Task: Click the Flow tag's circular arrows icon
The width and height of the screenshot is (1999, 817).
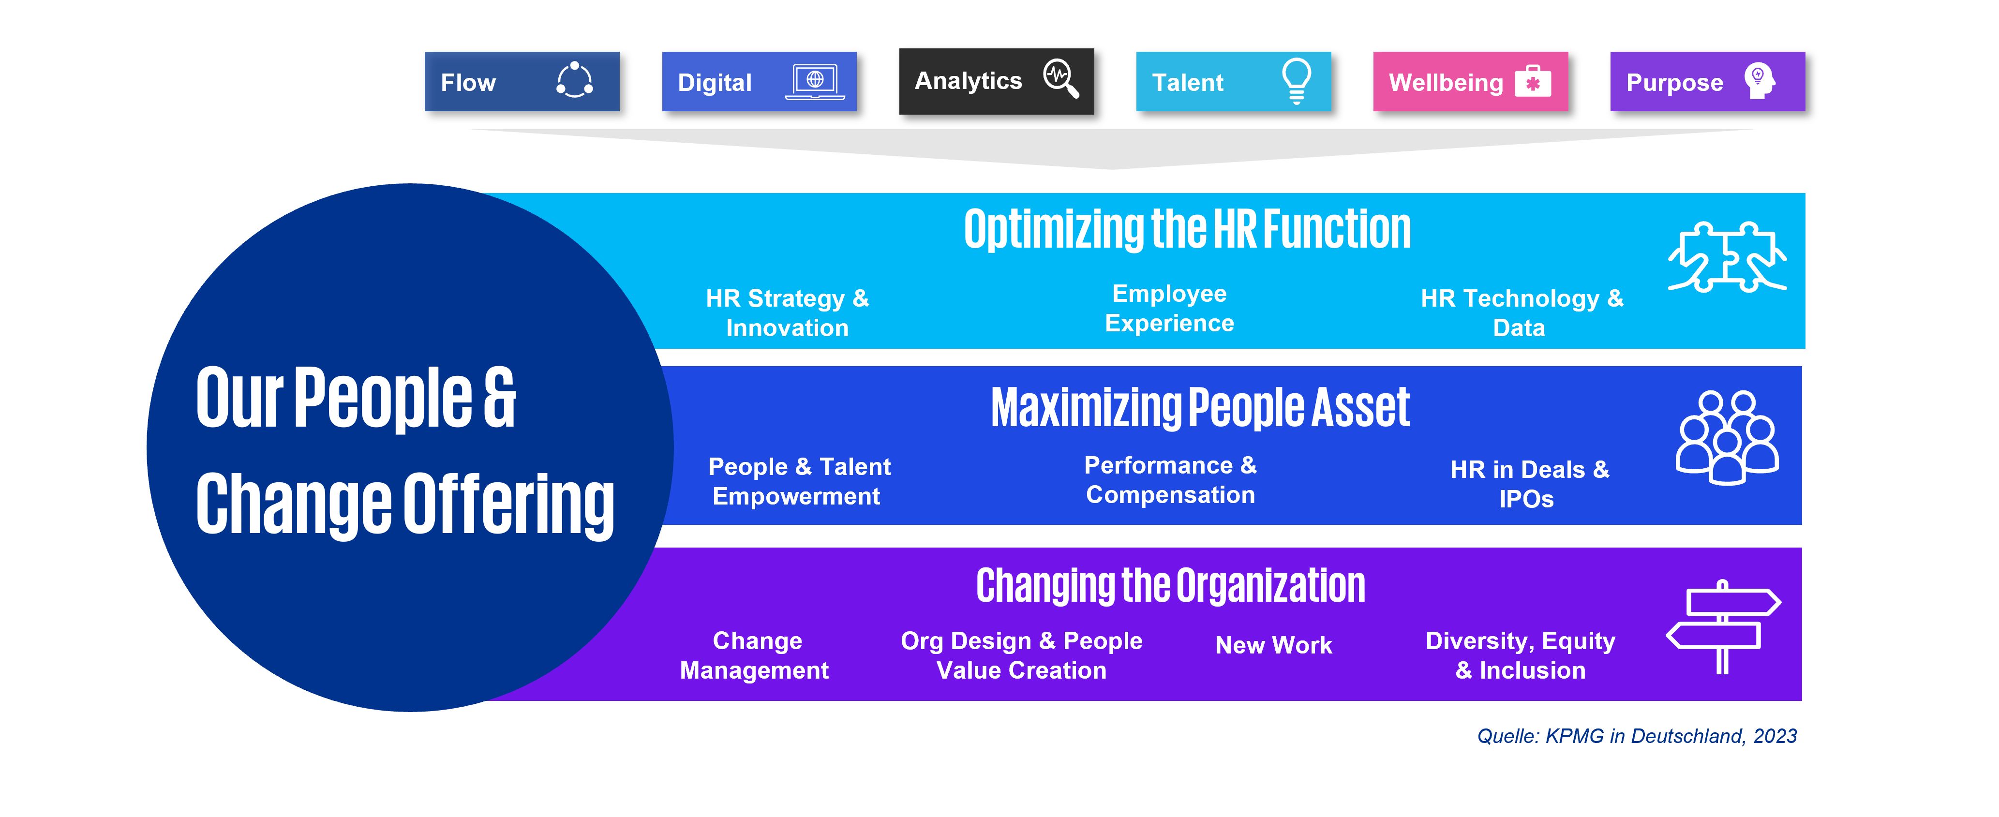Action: (x=575, y=80)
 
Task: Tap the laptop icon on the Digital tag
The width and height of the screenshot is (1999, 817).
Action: (x=815, y=81)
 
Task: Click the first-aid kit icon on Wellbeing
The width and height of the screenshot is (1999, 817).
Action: (x=1533, y=81)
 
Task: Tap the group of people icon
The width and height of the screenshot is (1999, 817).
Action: (x=1728, y=438)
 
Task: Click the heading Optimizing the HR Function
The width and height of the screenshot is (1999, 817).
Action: (x=1187, y=230)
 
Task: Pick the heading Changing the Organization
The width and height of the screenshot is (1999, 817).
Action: (x=1170, y=586)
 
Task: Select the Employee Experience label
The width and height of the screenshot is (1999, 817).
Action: (x=1169, y=308)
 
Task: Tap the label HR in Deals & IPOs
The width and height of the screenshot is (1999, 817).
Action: (x=1530, y=484)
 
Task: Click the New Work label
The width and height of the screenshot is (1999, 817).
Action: (x=1273, y=645)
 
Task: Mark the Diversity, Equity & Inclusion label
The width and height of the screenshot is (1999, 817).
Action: (x=1520, y=655)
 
